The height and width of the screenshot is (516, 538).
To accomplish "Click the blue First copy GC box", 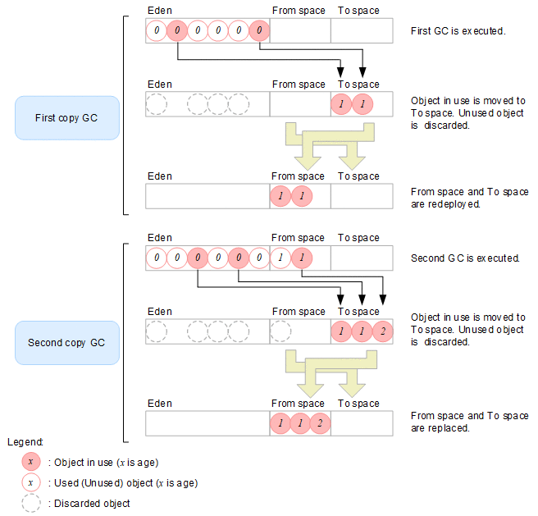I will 67,117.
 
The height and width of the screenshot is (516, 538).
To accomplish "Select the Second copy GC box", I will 67,341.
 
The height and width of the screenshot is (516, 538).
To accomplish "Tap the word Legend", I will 25,441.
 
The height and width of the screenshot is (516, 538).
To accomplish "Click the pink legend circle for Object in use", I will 31,462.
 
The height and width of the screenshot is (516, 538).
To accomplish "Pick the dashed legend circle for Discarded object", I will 31,503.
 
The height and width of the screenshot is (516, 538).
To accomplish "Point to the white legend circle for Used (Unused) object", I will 31,482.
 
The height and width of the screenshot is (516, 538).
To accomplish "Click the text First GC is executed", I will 458,31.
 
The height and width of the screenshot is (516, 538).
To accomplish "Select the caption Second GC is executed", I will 465,258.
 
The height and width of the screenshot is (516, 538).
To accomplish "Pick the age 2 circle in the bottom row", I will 321,423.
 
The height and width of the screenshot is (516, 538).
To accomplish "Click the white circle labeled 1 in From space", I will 280,258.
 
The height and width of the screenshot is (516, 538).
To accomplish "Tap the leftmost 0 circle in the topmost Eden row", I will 157,31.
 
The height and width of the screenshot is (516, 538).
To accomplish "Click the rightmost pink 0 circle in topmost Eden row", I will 258,31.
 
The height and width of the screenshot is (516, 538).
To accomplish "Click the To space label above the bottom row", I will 358,403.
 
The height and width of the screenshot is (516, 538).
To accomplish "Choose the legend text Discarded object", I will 89,503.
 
